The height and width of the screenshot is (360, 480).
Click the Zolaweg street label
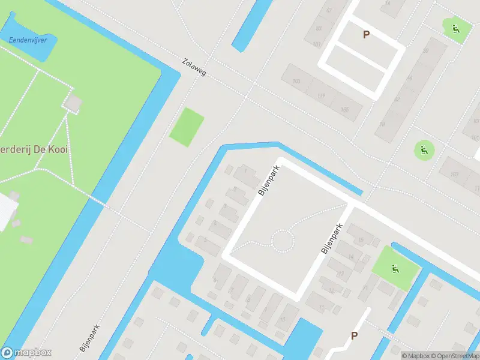[x=194, y=67]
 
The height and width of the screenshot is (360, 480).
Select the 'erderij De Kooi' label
[x=34, y=148]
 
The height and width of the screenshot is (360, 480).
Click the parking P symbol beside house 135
[x=366, y=35]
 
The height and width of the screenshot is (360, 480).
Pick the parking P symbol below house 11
[x=354, y=336]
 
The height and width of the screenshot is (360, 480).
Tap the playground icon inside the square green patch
[x=394, y=268]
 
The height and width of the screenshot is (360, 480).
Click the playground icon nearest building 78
[x=424, y=149]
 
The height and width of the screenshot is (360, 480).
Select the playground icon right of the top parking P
[x=455, y=28]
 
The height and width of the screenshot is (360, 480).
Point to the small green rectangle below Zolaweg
[x=187, y=126]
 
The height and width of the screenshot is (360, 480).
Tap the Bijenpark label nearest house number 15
[x=332, y=239]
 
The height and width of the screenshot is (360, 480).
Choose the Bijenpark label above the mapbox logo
[x=89, y=337]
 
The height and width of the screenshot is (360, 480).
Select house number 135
[x=344, y=110]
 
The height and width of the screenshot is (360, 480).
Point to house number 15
[x=361, y=240]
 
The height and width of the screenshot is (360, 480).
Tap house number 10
[x=282, y=319]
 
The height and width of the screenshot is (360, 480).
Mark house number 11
[x=322, y=308]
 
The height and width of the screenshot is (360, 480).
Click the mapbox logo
[x=26, y=353]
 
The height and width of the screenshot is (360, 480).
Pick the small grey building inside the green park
[x=73, y=103]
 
